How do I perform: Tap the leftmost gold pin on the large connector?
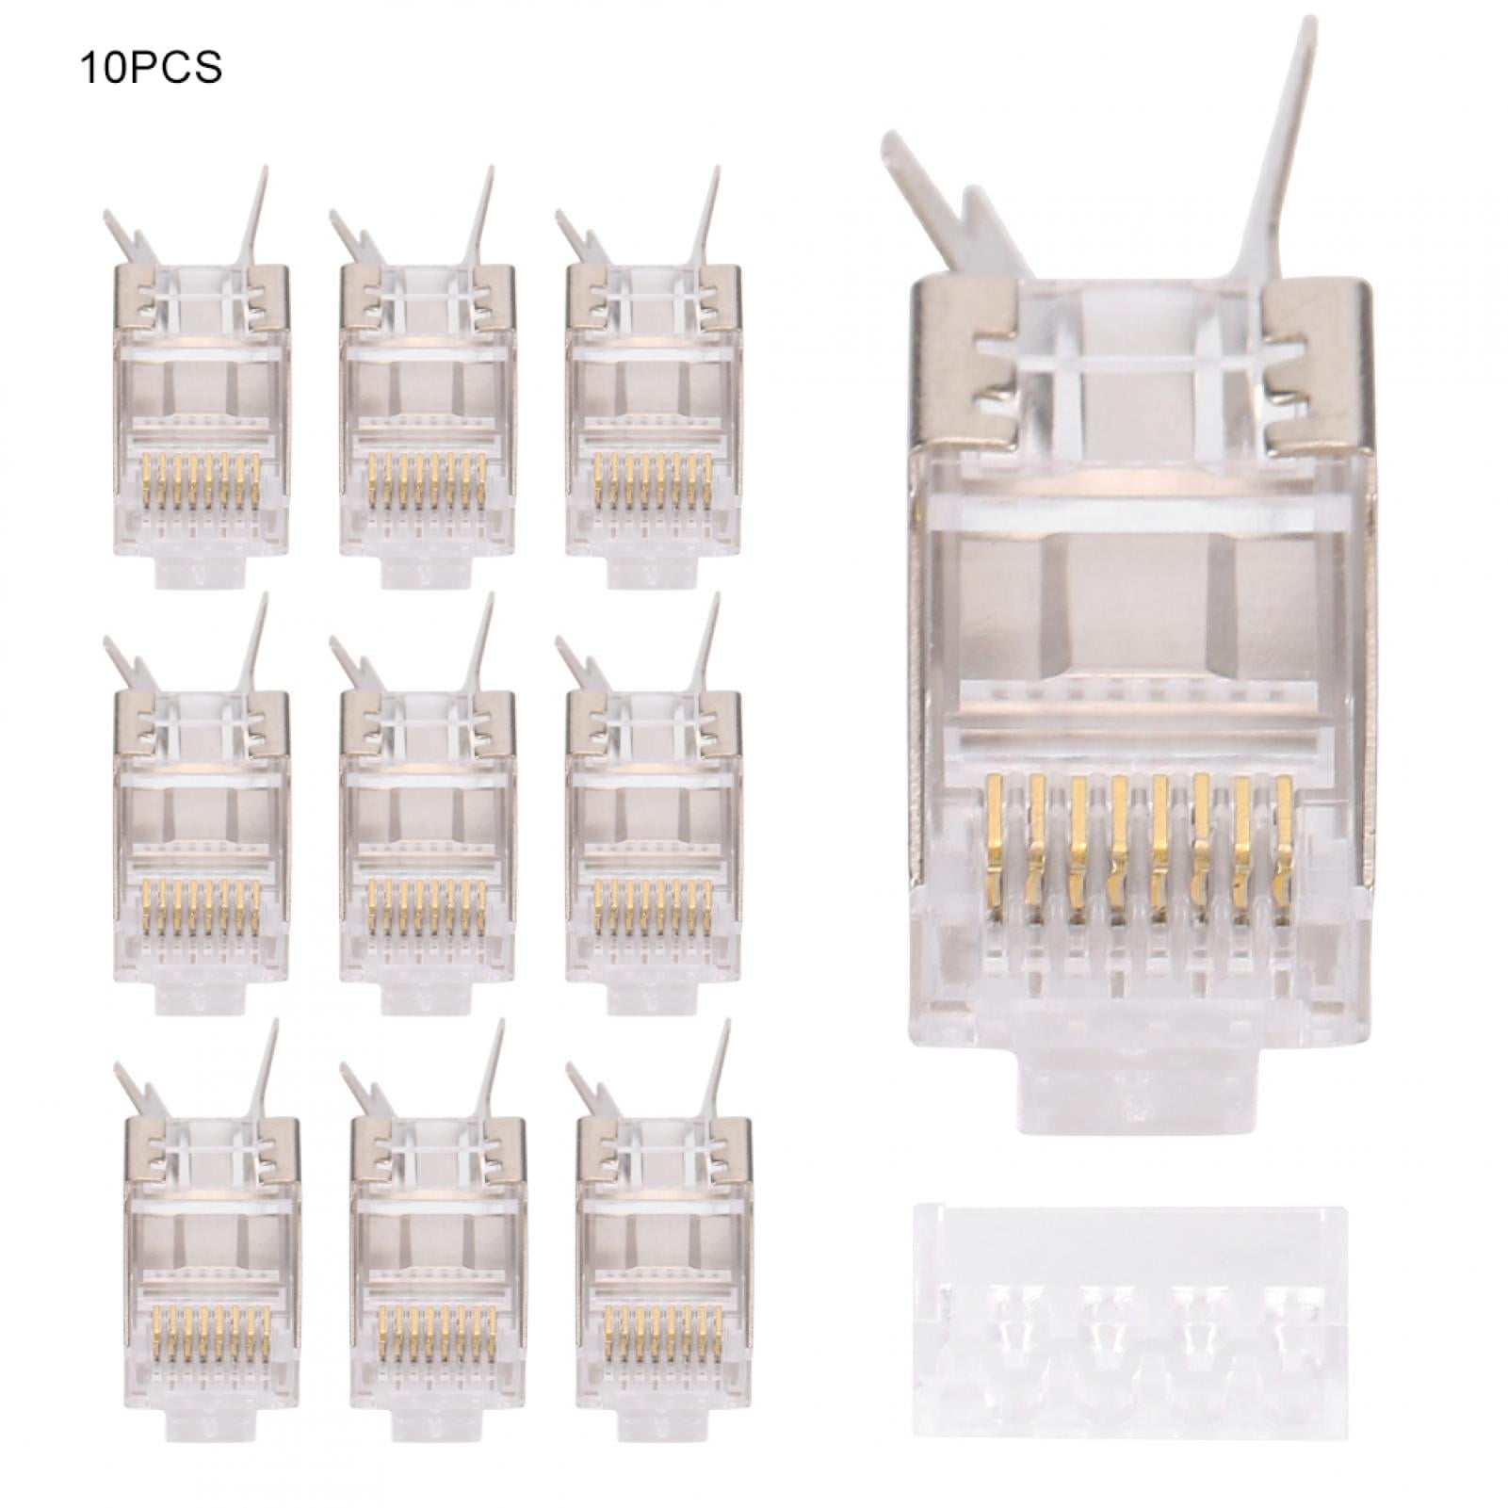point(997,828)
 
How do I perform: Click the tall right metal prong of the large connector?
point(1277,160)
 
